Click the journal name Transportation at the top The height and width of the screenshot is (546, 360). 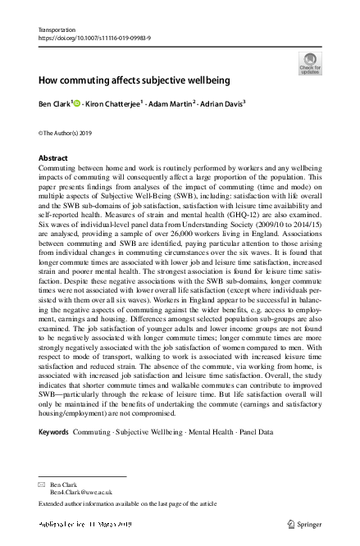coord(57,30)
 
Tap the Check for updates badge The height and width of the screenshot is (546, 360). coord(310,62)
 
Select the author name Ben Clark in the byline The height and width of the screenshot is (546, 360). coord(56,106)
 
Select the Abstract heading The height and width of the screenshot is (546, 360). coord(54,157)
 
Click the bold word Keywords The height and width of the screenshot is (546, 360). coord(55,430)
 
